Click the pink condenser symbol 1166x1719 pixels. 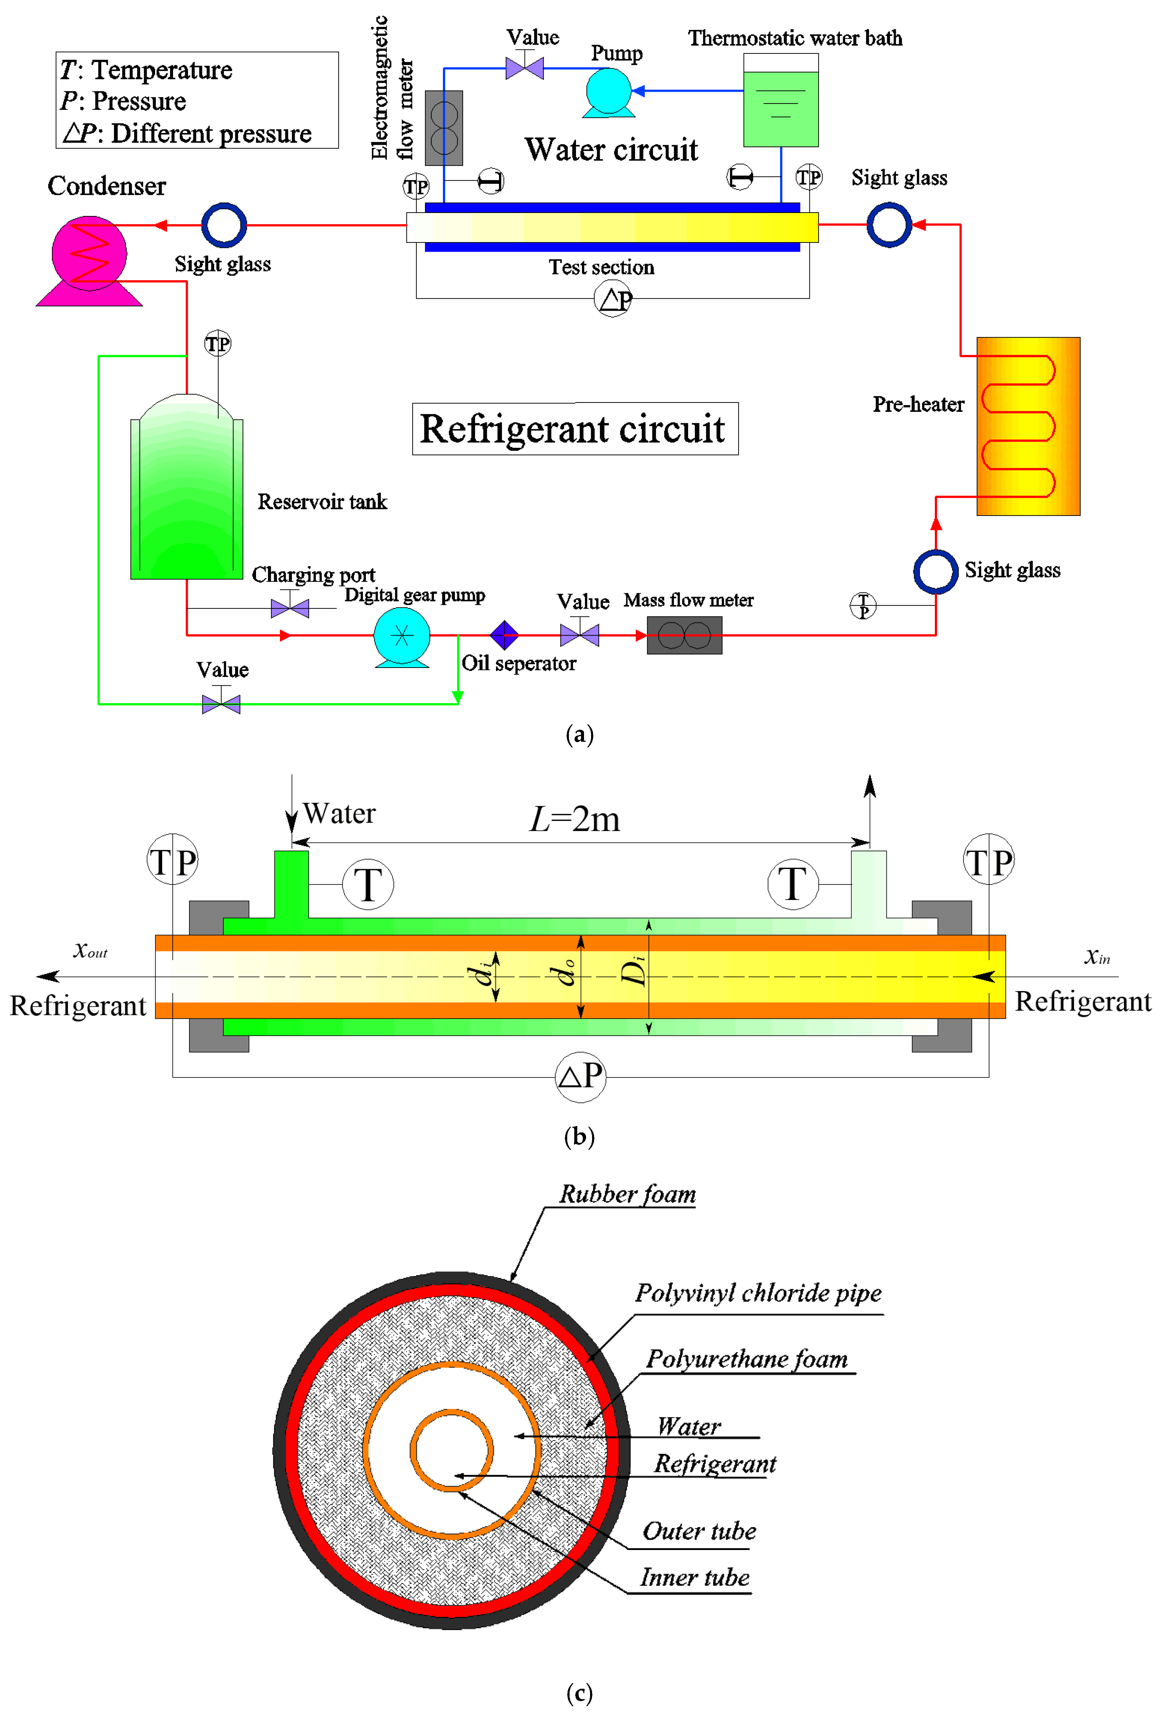(89, 255)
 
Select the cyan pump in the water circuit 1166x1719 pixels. (608, 92)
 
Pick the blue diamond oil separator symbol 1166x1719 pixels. (505, 635)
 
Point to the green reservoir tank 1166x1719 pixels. (186, 492)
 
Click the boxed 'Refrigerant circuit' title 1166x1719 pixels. (575, 429)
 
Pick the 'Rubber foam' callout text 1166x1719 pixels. (627, 1194)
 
